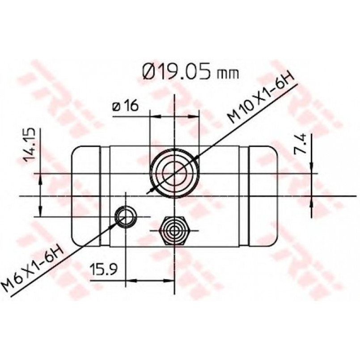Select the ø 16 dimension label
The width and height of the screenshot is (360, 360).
[126, 106]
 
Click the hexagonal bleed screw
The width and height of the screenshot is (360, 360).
[174, 230]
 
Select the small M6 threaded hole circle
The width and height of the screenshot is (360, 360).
[125, 216]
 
